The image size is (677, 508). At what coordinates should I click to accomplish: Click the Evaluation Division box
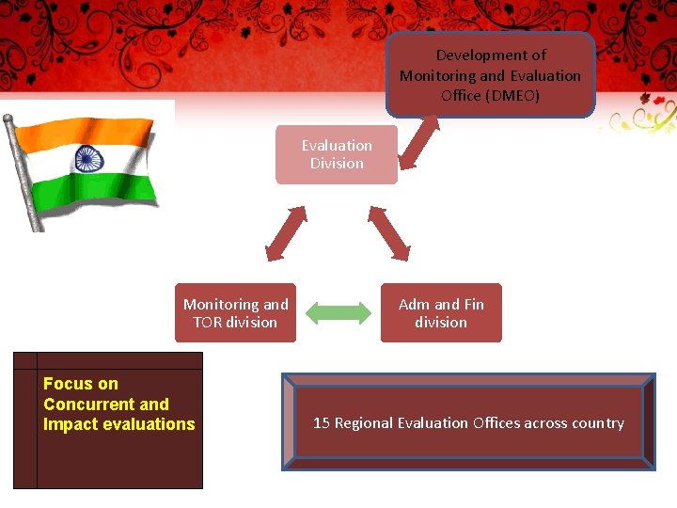[x=337, y=154]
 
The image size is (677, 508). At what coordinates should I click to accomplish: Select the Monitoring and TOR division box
[x=235, y=313]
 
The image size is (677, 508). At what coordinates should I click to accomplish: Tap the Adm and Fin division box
[x=441, y=313]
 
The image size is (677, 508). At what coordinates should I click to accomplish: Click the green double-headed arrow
[x=338, y=313]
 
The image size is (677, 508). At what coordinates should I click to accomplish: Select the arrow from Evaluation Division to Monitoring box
[x=287, y=232]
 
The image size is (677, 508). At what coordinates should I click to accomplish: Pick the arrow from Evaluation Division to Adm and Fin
[x=388, y=232]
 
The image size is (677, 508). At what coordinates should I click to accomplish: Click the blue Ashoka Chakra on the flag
[x=90, y=158]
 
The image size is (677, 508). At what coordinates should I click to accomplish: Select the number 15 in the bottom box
[x=321, y=423]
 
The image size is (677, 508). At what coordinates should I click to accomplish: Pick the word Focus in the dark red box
[x=66, y=384]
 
